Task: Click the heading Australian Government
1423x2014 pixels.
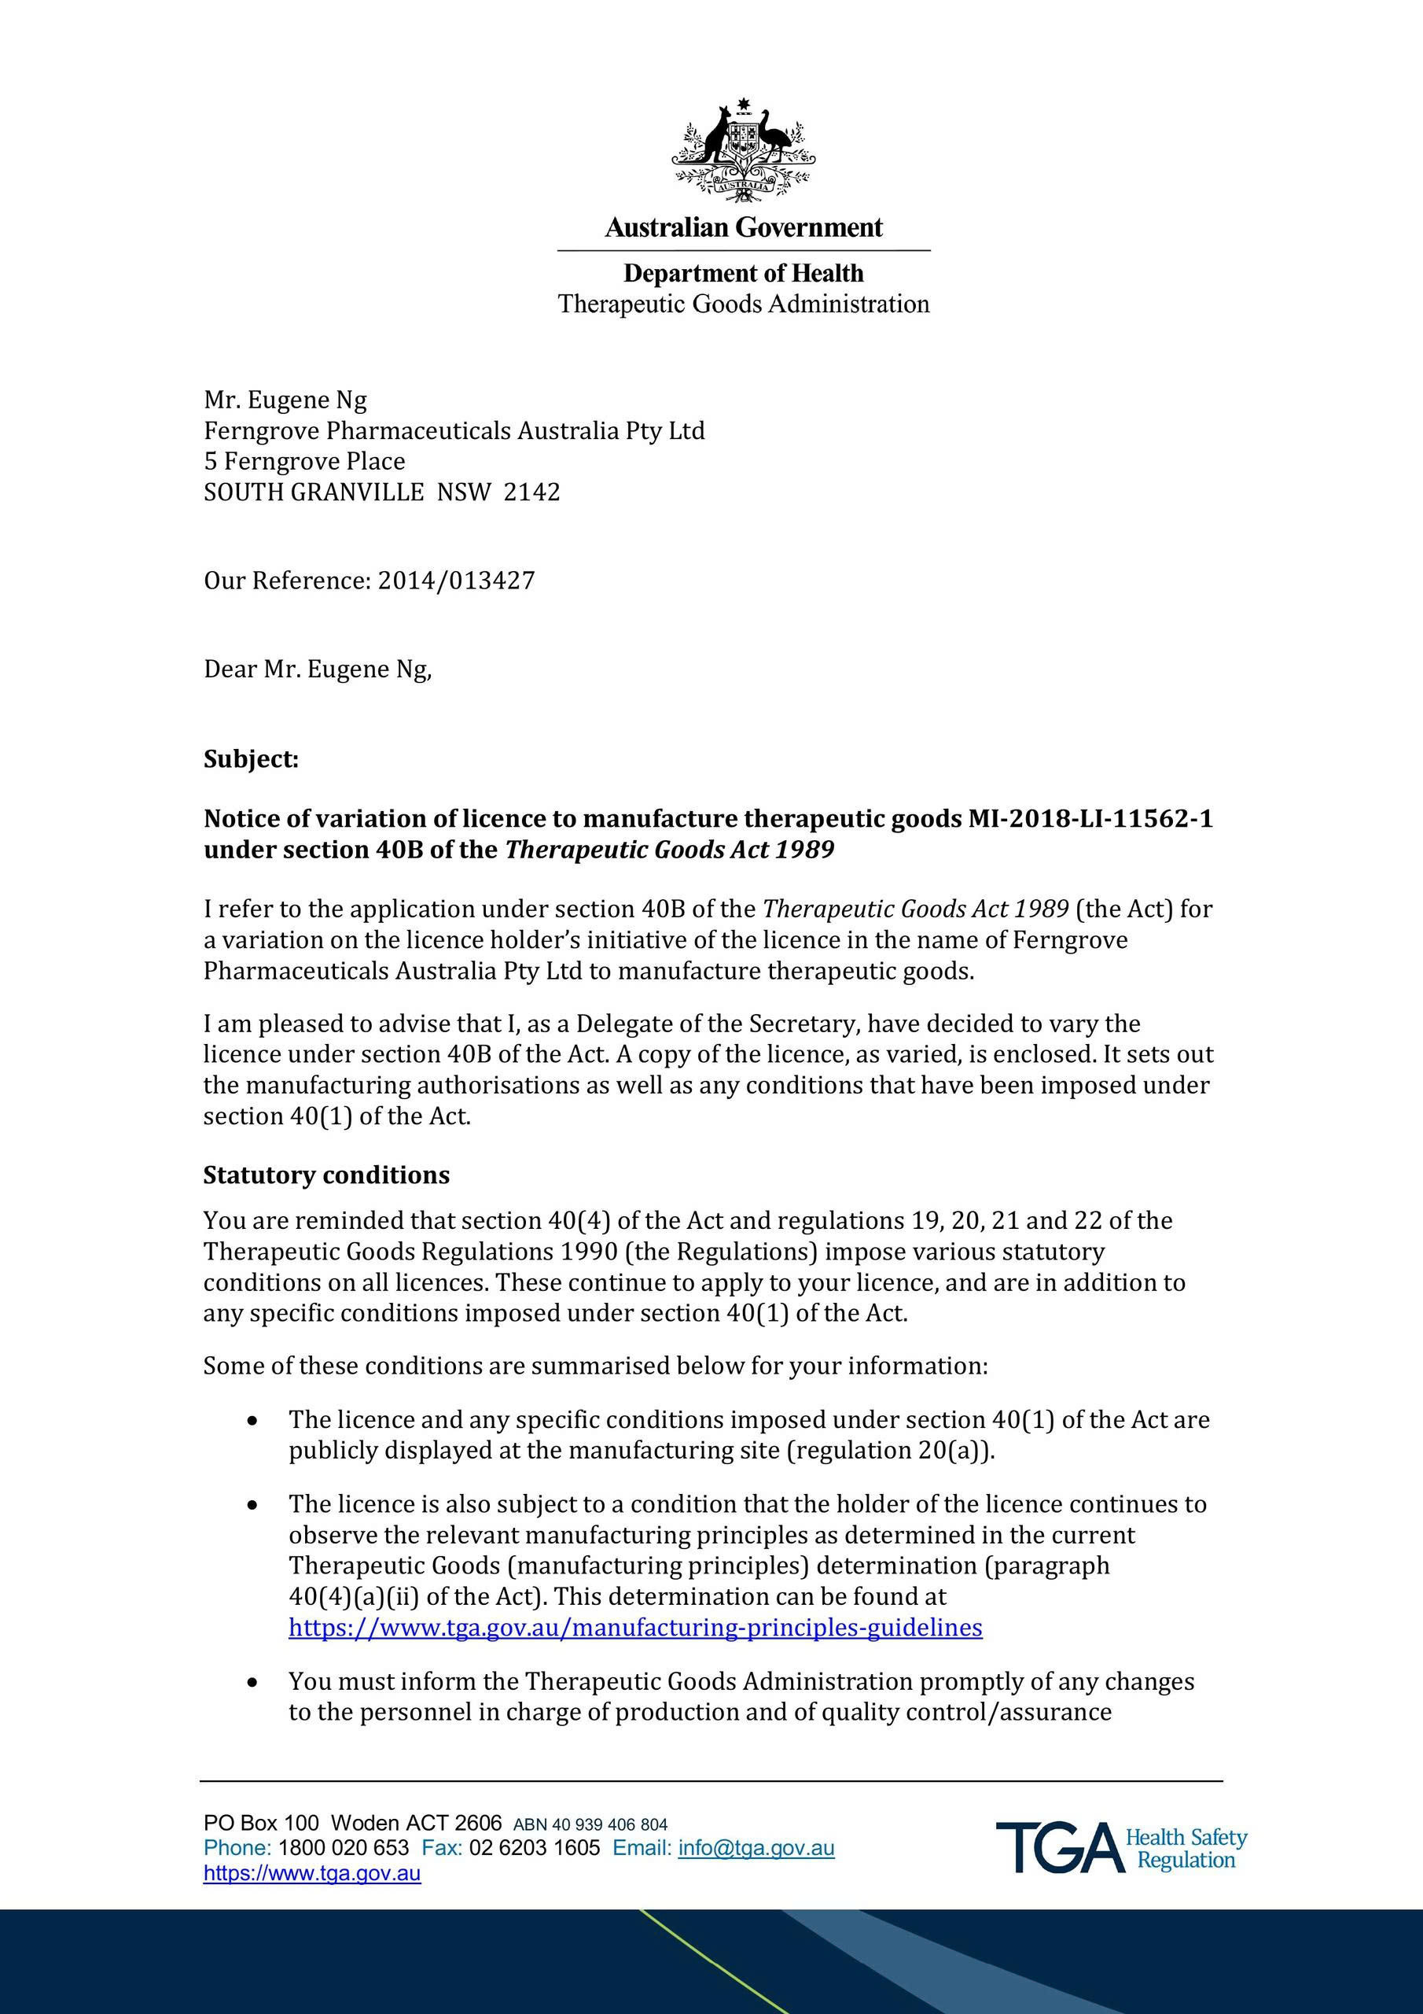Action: click(x=744, y=228)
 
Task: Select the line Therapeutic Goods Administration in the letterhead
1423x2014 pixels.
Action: click(x=744, y=304)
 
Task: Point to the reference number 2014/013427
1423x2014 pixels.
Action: click(x=456, y=581)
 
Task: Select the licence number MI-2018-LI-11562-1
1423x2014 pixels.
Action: click(x=1090, y=818)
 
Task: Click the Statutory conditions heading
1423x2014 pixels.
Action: click(x=326, y=1175)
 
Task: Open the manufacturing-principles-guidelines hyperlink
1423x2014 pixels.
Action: click(x=636, y=1627)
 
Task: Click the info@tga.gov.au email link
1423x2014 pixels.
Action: click(x=756, y=1848)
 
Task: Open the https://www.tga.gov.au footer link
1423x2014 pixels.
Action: click(x=312, y=1874)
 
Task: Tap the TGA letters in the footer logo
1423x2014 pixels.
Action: click(x=1058, y=1847)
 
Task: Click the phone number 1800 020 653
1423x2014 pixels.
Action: click(x=344, y=1848)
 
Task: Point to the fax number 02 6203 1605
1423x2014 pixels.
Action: click(x=535, y=1848)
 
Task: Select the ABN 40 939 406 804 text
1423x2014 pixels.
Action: click(x=590, y=1824)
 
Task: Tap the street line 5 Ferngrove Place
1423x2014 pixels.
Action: click(x=304, y=461)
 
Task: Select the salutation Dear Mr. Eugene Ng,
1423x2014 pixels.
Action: click(x=318, y=669)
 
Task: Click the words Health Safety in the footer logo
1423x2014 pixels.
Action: click(x=1186, y=1838)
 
